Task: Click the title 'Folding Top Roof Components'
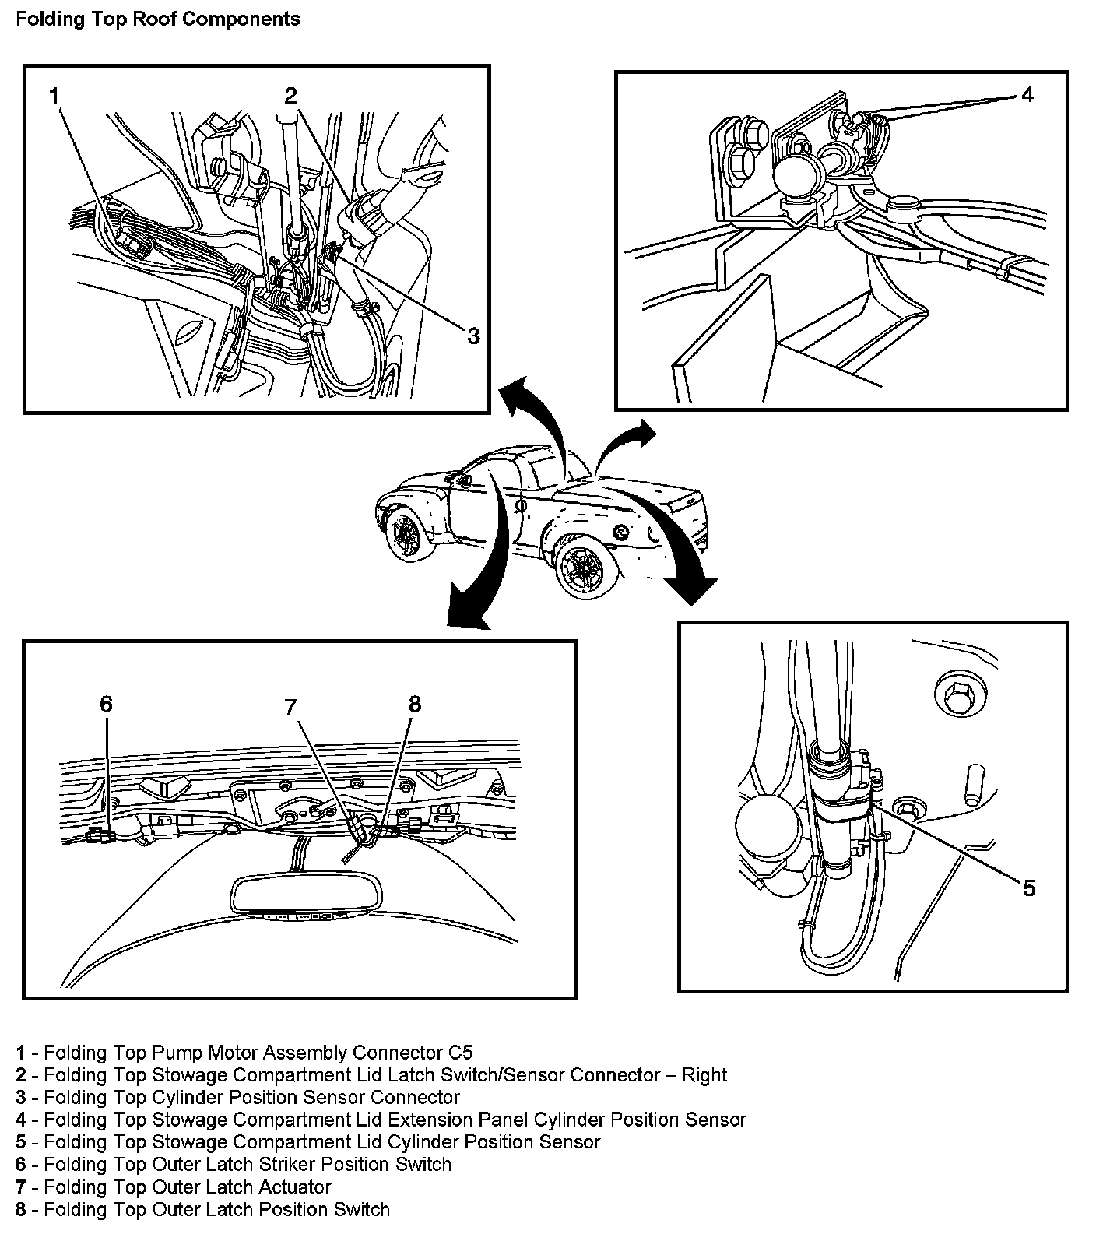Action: tap(157, 19)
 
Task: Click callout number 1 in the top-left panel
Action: tap(54, 96)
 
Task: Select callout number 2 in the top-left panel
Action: tap(290, 96)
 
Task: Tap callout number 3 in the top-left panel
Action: tap(472, 336)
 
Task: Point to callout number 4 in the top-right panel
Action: tap(1027, 95)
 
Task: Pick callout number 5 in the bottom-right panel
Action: tap(1028, 888)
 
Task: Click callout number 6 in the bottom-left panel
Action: tap(106, 705)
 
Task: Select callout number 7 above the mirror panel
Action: tap(290, 707)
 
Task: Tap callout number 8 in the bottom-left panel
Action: tap(414, 705)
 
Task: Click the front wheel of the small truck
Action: tap(405, 532)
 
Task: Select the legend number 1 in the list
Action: tap(20, 1053)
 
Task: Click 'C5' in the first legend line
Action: tap(460, 1053)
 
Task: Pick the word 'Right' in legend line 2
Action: tap(704, 1075)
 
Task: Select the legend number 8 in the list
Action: tap(20, 1210)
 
